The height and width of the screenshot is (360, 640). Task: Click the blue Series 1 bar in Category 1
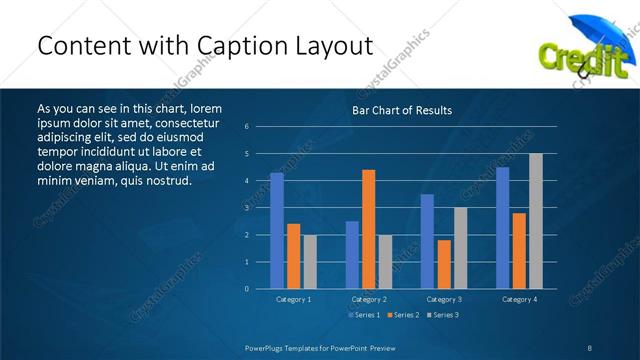277,231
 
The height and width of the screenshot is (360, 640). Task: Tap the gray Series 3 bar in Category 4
536,221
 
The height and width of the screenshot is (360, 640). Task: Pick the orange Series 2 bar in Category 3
444,264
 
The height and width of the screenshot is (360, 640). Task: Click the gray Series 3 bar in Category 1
309,262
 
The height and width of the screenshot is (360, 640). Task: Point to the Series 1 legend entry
364,316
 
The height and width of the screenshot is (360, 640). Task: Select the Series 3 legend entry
444,316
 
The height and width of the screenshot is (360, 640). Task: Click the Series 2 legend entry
404,316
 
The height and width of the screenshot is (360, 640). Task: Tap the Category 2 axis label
368,299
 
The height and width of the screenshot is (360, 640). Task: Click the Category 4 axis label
518,299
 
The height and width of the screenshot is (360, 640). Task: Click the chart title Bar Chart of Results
402,110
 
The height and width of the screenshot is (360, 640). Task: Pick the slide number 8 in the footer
589,347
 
